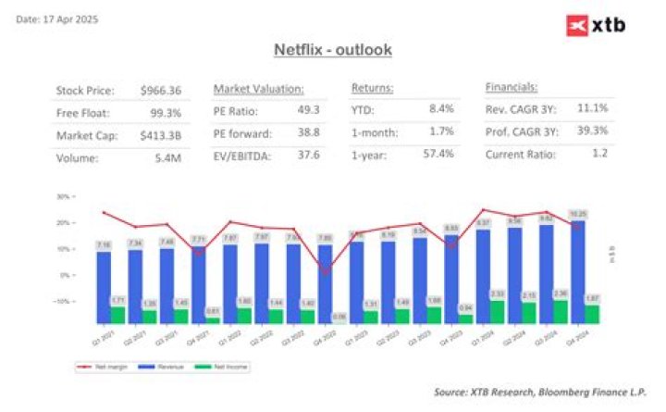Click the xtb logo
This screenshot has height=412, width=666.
[x=595, y=25]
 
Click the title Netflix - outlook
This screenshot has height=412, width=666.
[x=333, y=49]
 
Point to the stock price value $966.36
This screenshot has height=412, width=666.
[x=161, y=91]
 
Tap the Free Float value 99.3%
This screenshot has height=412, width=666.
[x=166, y=112]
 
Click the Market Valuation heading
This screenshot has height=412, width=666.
[x=258, y=88]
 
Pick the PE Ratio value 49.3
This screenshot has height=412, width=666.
[x=308, y=109]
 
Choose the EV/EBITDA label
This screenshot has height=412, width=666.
[x=242, y=155]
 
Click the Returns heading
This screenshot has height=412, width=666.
[x=373, y=88]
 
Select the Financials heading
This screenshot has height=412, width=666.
[x=512, y=87]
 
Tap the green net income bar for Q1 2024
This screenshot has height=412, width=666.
[x=498, y=312]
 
